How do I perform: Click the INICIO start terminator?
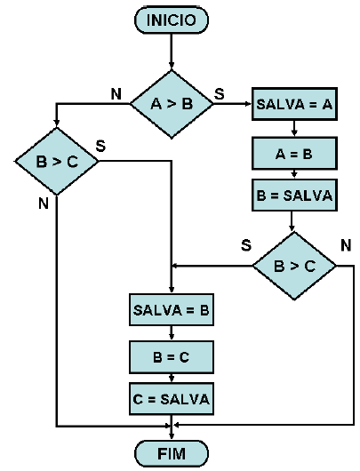pyautogui.click(x=172, y=20)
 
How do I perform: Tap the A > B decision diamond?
pyautogui.click(x=172, y=104)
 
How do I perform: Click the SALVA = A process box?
pyautogui.click(x=294, y=104)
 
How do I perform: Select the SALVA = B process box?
pyautogui.click(x=172, y=311)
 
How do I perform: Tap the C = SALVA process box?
pyautogui.click(x=172, y=400)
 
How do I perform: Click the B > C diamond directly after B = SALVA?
pyautogui.click(x=294, y=265)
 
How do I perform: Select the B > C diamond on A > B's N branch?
pyautogui.click(x=55, y=163)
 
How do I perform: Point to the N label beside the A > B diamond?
pyautogui.click(x=115, y=92)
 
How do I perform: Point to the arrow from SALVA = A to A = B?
pyautogui.click(x=294, y=128)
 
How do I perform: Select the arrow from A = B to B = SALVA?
pyautogui.click(x=294, y=174)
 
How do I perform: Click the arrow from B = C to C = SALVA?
pyautogui.click(x=172, y=379)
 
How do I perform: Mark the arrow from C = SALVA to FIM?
pyautogui.click(x=172, y=428)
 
